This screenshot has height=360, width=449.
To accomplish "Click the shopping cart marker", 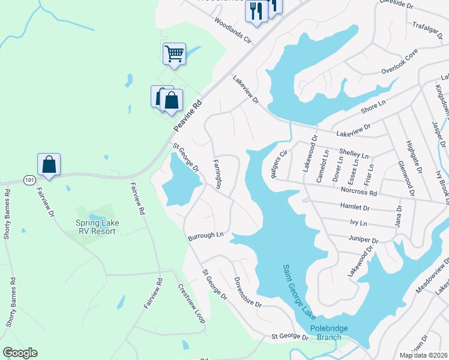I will pos(174,53).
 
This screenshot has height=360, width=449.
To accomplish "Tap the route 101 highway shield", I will pos(29,179).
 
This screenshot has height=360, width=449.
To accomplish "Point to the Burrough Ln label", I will pos(205,236).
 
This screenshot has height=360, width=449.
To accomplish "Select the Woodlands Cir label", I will pos(232,32).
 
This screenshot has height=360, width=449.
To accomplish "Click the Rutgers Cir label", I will pos(279,160).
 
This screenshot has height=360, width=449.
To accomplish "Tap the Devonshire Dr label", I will pos(248,292).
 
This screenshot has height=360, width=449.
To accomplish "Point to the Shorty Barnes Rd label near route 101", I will pos(7,214).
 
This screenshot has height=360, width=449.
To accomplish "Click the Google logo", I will pos(20,353).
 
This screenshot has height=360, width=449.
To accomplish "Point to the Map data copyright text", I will pos(423,355).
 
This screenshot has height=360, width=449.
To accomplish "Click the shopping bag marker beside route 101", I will pos(49,164).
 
